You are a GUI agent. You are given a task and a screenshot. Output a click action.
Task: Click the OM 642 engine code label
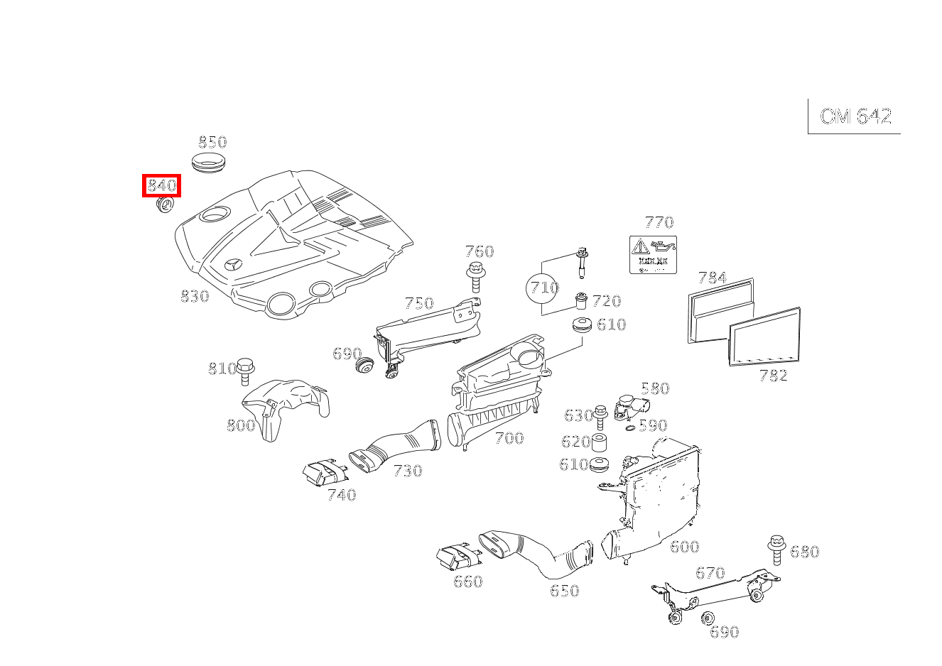(855, 116)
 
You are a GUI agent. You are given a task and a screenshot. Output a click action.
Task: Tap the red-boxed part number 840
(161, 186)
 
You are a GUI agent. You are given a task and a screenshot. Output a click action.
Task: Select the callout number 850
(212, 142)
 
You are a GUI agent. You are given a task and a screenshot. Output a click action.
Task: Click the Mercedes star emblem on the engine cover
(232, 266)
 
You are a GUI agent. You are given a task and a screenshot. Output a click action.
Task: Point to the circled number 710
(543, 288)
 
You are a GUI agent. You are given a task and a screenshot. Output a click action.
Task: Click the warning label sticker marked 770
(653, 255)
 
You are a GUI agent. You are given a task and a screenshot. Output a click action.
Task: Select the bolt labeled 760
(475, 276)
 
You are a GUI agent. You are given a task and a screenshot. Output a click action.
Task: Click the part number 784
(712, 278)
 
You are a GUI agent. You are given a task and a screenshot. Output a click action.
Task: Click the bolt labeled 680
(776, 549)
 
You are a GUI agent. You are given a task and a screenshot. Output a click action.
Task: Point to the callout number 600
(684, 547)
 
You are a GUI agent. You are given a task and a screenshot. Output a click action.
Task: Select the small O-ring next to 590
(629, 427)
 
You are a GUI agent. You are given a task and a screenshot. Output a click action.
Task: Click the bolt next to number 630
(600, 416)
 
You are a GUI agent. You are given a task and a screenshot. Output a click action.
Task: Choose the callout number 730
(407, 471)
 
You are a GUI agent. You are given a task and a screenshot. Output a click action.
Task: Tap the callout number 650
(564, 591)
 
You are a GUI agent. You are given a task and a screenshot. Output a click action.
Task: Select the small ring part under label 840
(164, 205)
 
